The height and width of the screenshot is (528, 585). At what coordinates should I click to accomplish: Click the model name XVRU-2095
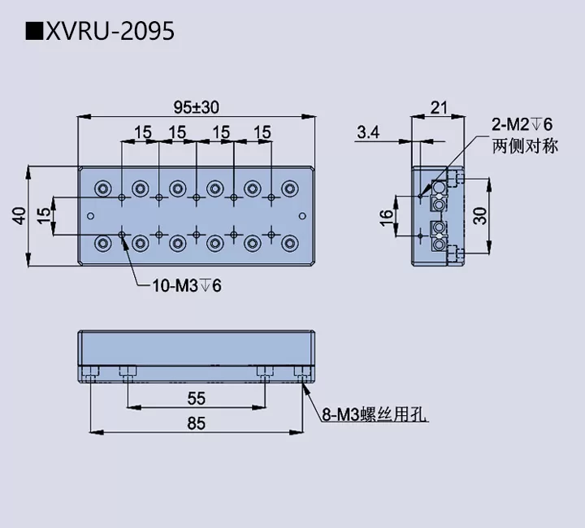click(x=110, y=31)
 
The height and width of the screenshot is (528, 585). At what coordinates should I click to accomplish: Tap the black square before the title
click(x=34, y=31)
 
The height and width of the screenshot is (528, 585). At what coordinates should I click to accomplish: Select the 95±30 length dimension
click(x=196, y=106)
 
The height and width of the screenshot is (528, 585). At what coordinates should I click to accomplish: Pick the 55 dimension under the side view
click(x=196, y=398)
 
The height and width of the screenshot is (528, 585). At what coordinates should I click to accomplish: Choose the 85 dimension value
click(x=196, y=423)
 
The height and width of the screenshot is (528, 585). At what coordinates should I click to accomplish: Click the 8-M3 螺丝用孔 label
click(x=375, y=417)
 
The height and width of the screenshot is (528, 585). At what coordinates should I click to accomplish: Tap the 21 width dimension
click(x=439, y=106)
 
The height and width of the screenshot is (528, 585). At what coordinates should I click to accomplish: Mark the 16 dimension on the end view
click(x=387, y=216)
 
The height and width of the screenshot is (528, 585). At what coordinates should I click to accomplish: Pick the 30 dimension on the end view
click(x=480, y=215)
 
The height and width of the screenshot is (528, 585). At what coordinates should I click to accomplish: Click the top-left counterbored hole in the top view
click(x=102, y=188)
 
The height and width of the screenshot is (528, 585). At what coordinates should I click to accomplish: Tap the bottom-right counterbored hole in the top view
click(x=288, y=243)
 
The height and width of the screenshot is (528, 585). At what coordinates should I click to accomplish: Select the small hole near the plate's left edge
click(x=90, y=215)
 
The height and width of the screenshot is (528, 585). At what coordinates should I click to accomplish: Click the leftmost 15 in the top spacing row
click(x=142, y=132)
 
